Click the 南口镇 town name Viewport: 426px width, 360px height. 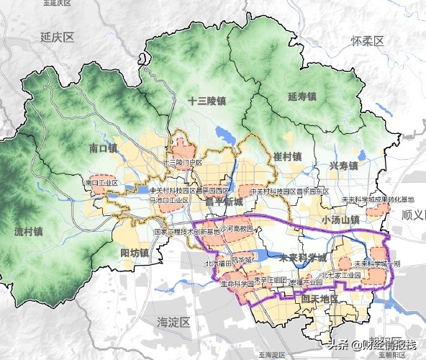coord(103,149)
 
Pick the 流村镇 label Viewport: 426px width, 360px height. coord(29,232)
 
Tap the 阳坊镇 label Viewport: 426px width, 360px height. coord(135,253)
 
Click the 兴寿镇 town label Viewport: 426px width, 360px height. coord(343,166)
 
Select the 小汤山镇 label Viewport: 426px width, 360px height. coord(341,220)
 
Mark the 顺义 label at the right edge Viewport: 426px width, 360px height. coord(413,215)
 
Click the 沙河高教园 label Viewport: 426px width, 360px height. coord(237,228)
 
